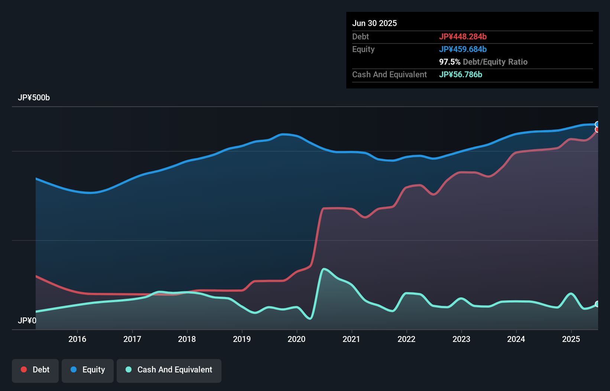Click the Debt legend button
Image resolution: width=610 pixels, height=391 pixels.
point(35,370)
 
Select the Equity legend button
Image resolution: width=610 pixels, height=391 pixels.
point(88,370)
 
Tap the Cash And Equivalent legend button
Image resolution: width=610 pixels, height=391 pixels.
point(169,370)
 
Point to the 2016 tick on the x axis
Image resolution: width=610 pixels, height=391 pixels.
point(77,339)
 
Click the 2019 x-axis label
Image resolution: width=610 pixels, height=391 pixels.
point(242,339)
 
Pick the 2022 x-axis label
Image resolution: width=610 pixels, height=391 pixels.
point(406,339)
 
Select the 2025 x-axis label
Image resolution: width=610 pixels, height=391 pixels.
point(571,339)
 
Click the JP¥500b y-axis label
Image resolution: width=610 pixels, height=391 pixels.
point(34,98)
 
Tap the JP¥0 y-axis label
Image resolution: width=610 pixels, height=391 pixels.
point(27,320)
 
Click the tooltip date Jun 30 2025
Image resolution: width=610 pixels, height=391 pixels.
point(374,23)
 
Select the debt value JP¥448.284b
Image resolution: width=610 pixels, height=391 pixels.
point(463,36)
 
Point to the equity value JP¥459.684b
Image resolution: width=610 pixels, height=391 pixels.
point(463,49)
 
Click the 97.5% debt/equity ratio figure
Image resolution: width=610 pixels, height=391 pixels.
point(450,62)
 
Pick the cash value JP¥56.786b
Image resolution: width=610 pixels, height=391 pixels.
point(461,74)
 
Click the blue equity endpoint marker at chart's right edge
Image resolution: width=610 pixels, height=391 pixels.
point(597,125)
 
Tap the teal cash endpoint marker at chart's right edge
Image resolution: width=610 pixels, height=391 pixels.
point(597,304)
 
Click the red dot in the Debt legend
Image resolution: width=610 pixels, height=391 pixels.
point(24,369)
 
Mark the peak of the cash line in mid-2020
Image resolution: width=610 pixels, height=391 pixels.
point(324,269)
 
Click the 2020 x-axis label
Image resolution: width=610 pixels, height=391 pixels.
point(296,339)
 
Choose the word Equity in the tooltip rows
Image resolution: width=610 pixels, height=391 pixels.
point(363,49)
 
